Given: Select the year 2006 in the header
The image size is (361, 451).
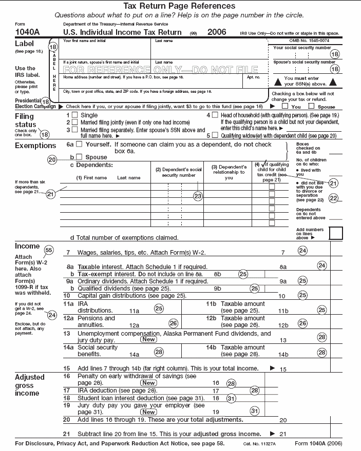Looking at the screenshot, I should [217, 32].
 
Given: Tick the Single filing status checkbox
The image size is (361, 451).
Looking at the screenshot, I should [75, 115].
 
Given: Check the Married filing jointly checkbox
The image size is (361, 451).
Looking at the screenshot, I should [75, 122].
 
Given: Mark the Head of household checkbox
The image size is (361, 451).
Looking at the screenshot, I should [215, 115].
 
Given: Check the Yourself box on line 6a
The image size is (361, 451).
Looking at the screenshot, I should [79, 145].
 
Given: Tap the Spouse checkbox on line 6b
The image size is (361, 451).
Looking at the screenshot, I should [79, 157].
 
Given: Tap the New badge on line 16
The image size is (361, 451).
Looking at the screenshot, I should [149, 383].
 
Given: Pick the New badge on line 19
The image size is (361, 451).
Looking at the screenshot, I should [149, 412].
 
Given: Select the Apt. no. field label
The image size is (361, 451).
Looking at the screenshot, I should [254, 77].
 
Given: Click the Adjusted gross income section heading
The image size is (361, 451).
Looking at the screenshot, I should [30, 385].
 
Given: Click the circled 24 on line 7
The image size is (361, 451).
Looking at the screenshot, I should [302, 251].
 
